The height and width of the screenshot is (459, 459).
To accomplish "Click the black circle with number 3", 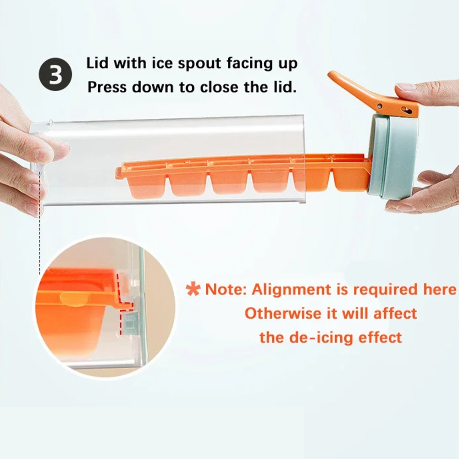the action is tap(55, 74).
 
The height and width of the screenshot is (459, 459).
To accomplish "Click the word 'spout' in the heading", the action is tap(199, 64).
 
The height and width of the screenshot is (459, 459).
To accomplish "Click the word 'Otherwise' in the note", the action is tap(283, 314).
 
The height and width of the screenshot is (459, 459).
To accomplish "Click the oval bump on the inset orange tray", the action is tap(75, 299).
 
